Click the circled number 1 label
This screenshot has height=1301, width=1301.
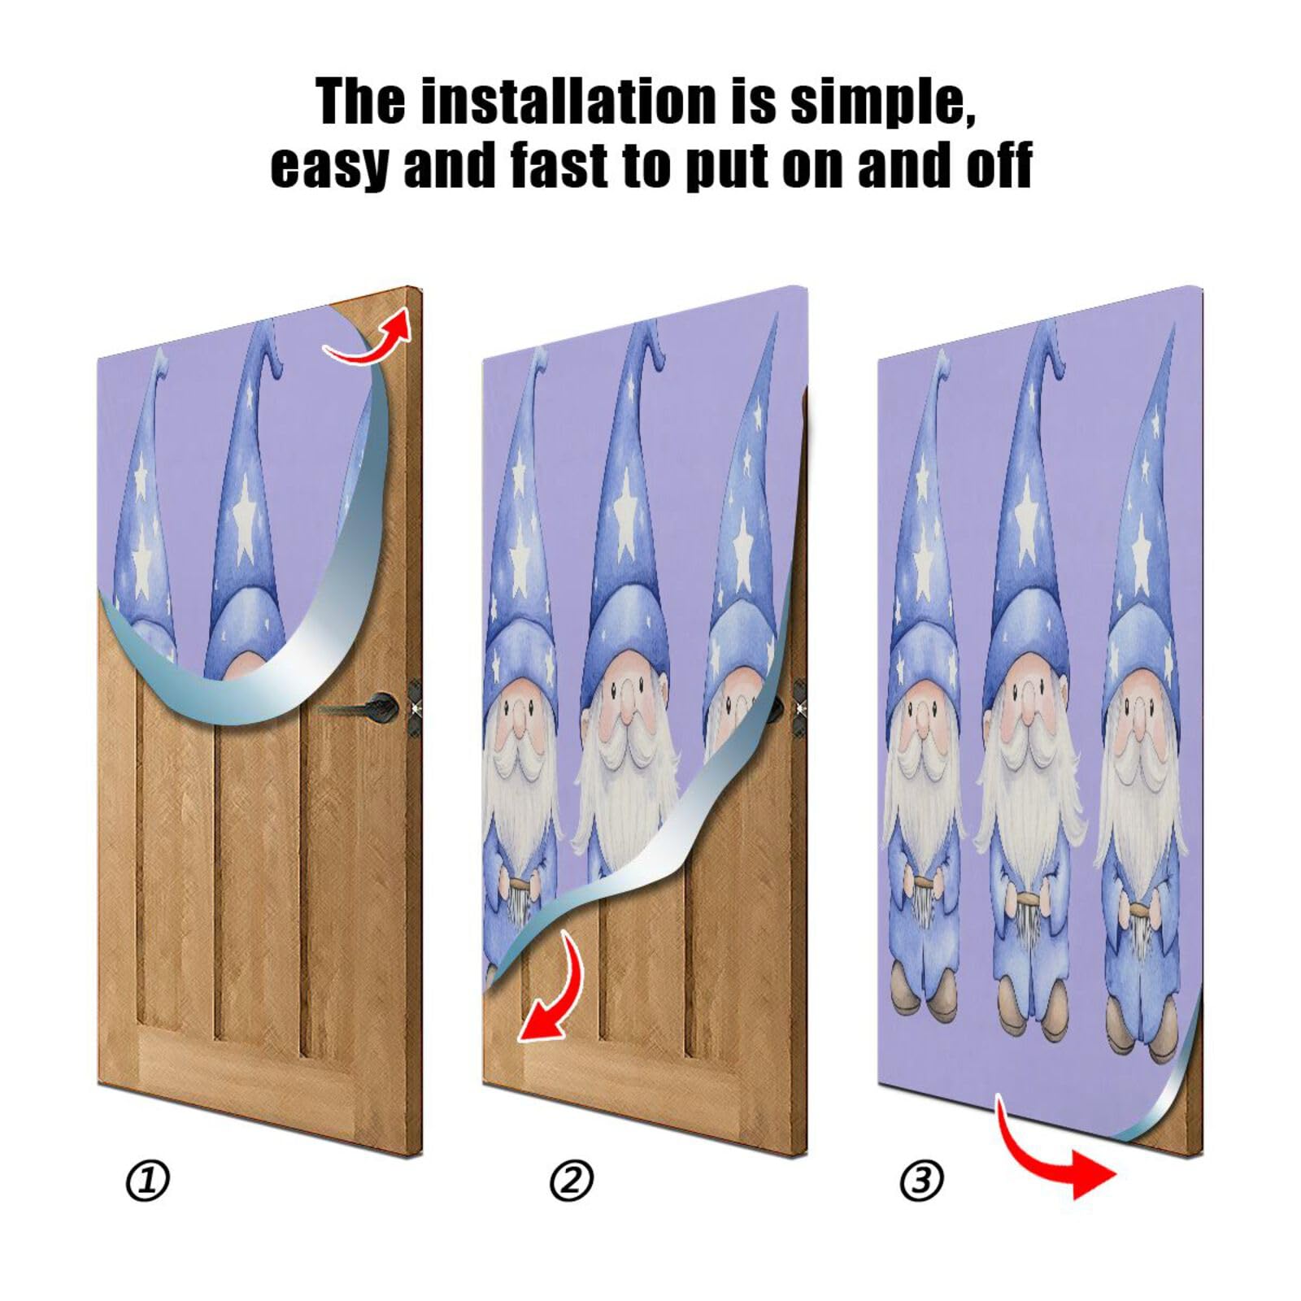147,1181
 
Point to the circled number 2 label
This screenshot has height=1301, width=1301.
571,1181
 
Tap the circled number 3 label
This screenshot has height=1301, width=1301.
921,1181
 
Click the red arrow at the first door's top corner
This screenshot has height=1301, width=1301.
370,335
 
